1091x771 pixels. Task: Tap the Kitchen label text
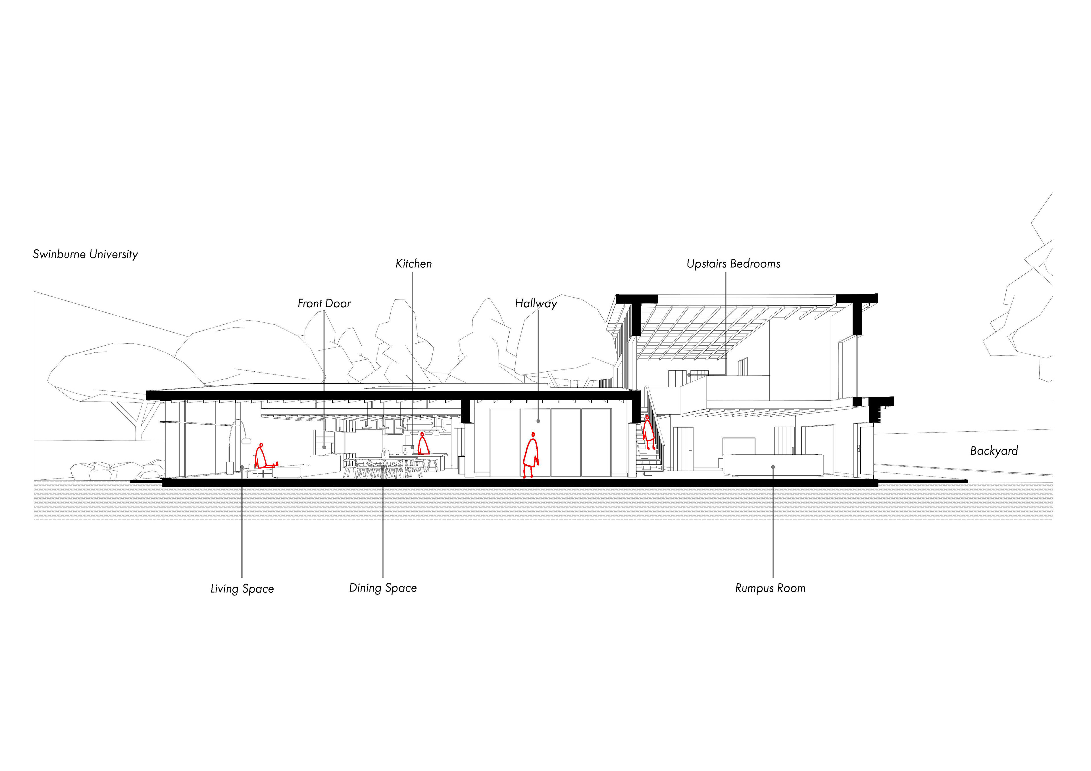(413, 264)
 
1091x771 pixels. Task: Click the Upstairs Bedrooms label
(733, 264)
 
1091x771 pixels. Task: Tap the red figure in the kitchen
(422, 444)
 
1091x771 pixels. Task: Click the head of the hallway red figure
(533, 434)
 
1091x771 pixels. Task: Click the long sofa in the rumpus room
(773, 465)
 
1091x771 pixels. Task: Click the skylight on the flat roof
(400, 388)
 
